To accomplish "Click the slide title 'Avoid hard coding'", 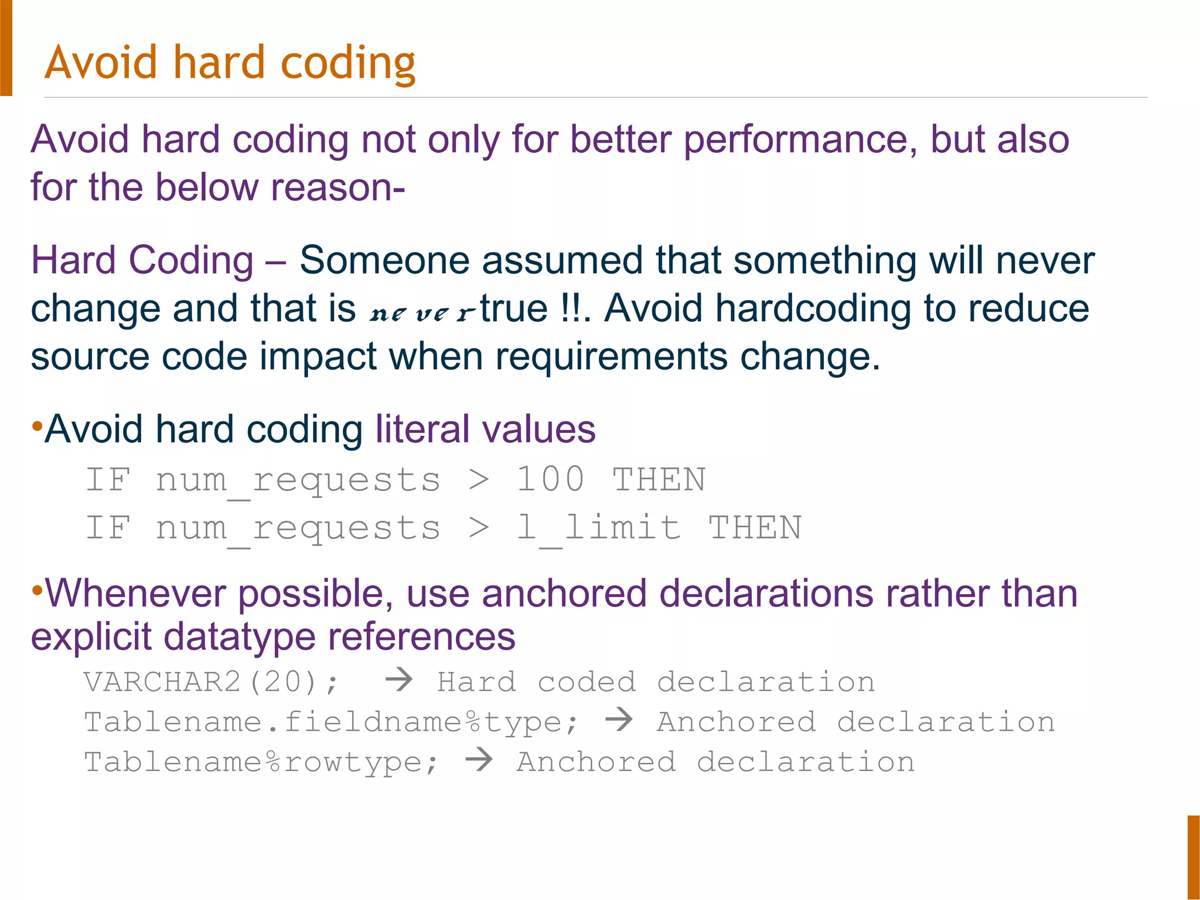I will (x=230, y=63).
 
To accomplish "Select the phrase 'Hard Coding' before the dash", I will (x=142, y=261).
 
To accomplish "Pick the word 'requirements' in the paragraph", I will (x=611, y=357).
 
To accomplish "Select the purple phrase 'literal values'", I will (x=485, y=429).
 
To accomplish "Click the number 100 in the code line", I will (x=550, y=480).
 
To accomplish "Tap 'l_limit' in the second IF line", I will (x=598, y=528).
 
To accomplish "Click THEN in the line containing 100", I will (x=659, y=480).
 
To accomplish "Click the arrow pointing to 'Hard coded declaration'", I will (x=399, y=680).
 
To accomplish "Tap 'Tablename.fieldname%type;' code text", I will (x=331, y=722).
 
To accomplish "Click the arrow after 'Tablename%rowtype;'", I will (x=479, y=760).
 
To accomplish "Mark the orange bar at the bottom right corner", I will (x=1194, y=857).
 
